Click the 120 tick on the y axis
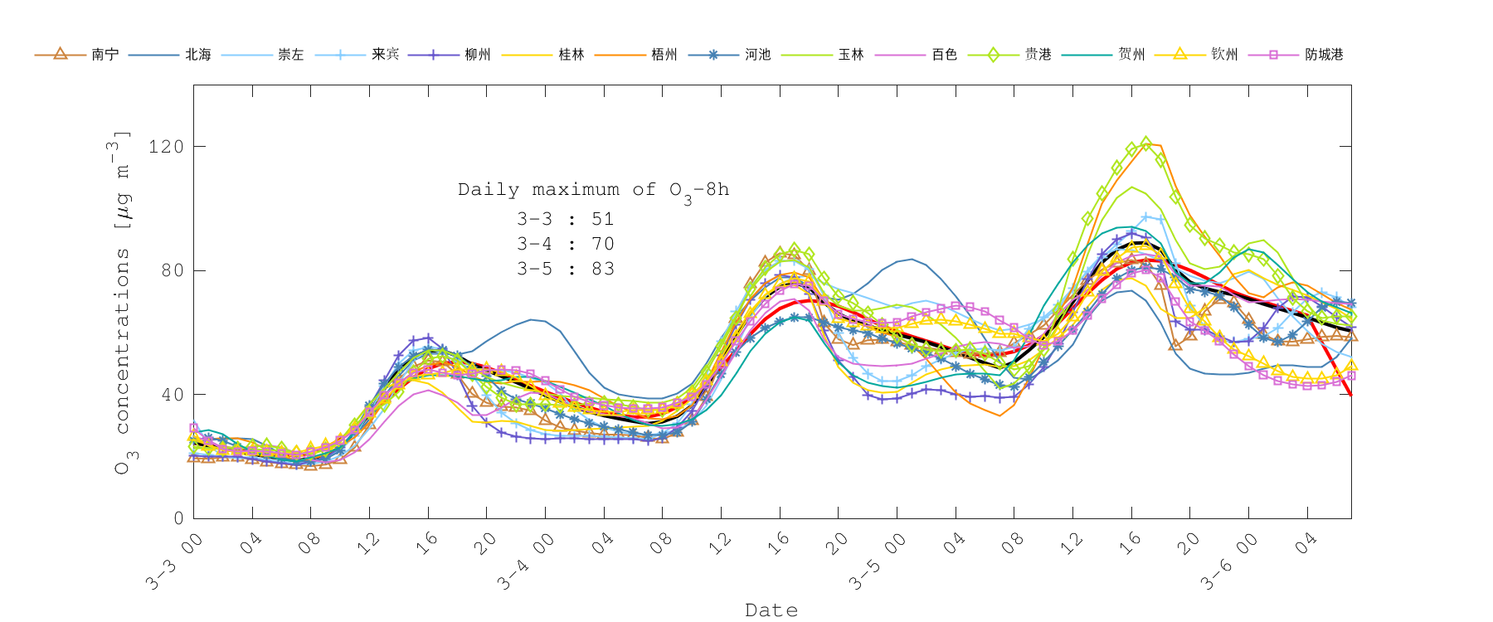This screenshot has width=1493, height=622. pos(166,147)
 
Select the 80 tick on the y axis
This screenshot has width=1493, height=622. pos(172,270)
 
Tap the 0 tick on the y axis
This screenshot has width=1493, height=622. pos(178,518)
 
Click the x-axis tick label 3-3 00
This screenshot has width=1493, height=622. pos(174,562)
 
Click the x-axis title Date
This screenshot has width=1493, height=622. pos(771,610)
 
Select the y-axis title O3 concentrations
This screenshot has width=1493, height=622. pos(122,303)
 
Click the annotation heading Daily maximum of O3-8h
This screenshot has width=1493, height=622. pos(593,190)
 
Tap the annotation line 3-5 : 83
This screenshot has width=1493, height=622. pos(566,269)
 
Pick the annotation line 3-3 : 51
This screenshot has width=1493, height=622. pos(566,219)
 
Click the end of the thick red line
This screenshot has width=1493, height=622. pos(1351,395)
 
